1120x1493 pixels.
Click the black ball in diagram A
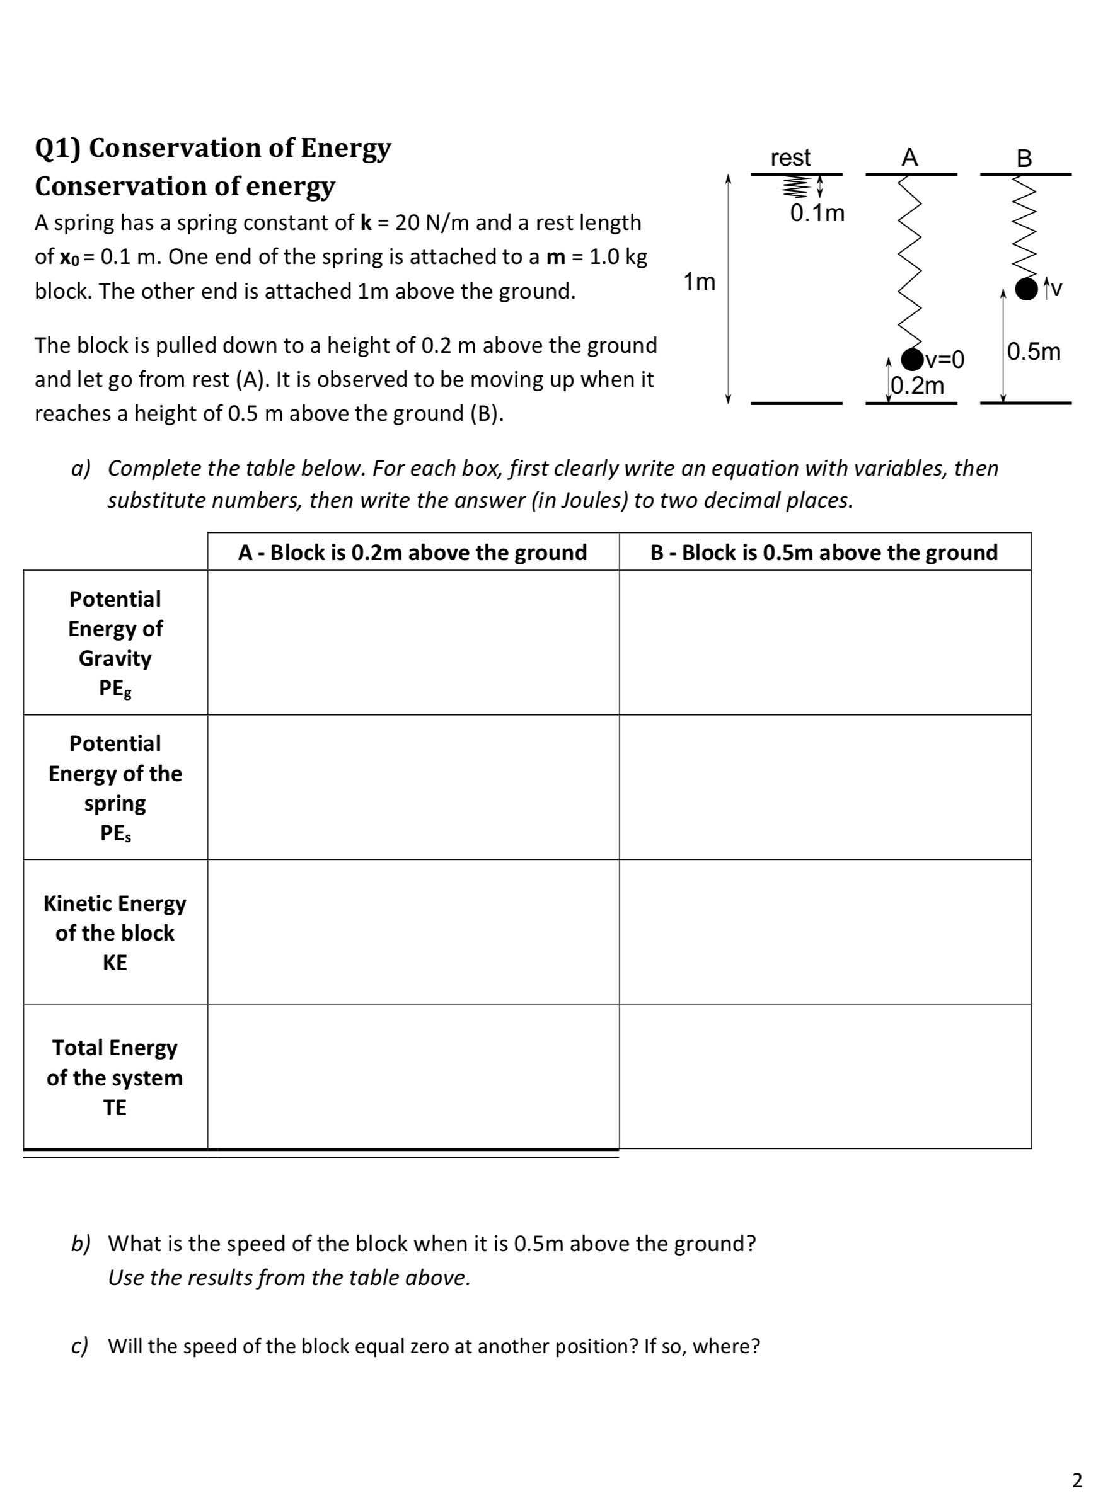pyautogui.click(x=911, y=359)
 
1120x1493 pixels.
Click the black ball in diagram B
pyautogui.click(x=1026, y=289)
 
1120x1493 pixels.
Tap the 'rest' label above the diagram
pyautogui.click(x=790, y=157)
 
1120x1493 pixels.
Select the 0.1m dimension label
pyautogui.click(x=817, y=214)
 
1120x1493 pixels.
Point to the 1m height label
pyautogui.click(x=699, y=282)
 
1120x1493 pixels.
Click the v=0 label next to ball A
pyautogui.click(x=945, y=360)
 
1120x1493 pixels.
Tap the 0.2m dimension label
pyautogui.click(x=918, y=386)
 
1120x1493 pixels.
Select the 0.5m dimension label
pyautogui.click(x=1034, y=352)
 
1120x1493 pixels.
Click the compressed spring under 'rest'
pyautogui.click(x=795, y=186)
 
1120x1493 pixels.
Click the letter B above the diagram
pyautogui.click(x=1024, y=158)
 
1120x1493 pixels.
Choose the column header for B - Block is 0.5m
pyautogui.click(x=824, y=552)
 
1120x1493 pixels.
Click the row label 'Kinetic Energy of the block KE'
pyautogui.click(x=115, y=932)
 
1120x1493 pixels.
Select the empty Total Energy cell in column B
pyautogui.click(x=824, y=1076)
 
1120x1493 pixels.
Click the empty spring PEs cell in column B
pyautogui.click(x=824, y=787)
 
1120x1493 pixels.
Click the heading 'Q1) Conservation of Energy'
pyautogui.click(x=212, y=147)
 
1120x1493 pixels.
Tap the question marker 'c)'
pyautogui.click(x=79, y=1346)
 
